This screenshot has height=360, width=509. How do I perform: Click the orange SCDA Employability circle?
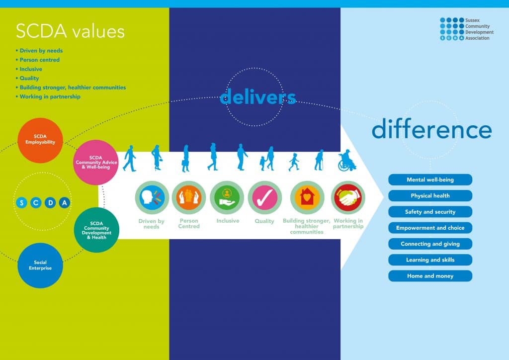[40, 140]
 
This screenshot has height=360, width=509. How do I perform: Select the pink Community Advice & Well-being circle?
[96, 162]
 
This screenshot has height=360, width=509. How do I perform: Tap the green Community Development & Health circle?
[96, 230]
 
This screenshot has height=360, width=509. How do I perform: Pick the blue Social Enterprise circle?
[40, 265]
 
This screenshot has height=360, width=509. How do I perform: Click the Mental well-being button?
[430, 180]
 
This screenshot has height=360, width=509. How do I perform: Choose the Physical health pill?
[430, 196]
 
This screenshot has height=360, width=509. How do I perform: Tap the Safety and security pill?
[430, 212]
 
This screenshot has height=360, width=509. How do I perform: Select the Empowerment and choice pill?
[430, 228]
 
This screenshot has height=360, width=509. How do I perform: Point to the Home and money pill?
[430, 276]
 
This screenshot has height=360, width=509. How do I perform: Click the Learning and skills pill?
[430, 260]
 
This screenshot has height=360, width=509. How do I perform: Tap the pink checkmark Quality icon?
[264, 198]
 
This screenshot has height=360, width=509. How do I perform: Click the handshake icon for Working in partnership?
[348, 198]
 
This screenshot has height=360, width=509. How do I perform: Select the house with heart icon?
[307, 198]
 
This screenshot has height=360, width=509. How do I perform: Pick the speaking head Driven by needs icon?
[152, 198]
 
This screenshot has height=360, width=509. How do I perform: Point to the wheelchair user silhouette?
[346, 161]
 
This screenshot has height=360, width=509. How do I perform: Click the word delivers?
[258, 97]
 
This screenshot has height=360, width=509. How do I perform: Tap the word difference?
[432, 129]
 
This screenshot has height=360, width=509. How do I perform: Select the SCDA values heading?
[70, 31]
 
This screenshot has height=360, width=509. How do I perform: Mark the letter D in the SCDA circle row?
[50, 203]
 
